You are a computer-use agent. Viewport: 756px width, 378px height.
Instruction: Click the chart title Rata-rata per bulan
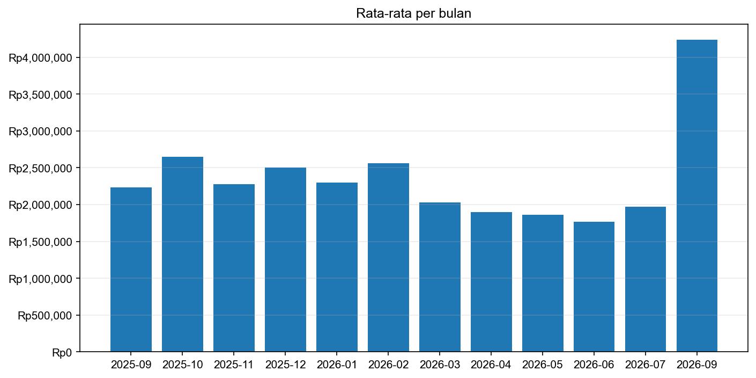[413, 14]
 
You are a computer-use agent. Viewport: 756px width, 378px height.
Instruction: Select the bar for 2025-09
[131, 270]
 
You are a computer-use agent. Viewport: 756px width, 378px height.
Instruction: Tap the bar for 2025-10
[182, 254]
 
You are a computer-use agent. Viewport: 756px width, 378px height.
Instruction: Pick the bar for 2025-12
[285, 259]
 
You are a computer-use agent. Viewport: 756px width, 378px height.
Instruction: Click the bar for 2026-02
[388, 257]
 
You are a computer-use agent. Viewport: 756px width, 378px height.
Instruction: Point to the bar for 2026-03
[440, 277]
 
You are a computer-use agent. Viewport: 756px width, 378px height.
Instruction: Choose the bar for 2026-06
[594, 287]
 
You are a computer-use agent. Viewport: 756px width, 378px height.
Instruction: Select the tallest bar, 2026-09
[696, 195]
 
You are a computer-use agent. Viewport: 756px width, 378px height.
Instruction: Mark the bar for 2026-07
[646, 279]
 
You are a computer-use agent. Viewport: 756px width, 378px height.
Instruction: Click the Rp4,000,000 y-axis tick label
[40, 57]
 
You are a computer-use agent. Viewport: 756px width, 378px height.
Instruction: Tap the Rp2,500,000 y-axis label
[40, 168]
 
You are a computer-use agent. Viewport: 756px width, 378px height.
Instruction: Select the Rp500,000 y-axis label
[45, 316]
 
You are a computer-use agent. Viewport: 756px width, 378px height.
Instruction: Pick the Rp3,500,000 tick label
[40, 95]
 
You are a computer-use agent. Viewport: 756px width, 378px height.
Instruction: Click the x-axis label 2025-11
[234, 365]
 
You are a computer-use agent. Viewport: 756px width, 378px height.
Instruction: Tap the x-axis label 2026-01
[337, 365]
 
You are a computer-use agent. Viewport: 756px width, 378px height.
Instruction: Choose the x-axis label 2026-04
[491, 365]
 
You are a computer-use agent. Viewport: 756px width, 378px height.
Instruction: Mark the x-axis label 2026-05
[543, 365]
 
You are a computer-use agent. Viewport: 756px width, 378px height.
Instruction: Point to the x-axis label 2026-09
[696, 365]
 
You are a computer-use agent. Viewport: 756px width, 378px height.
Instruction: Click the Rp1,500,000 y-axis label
[40, 242]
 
